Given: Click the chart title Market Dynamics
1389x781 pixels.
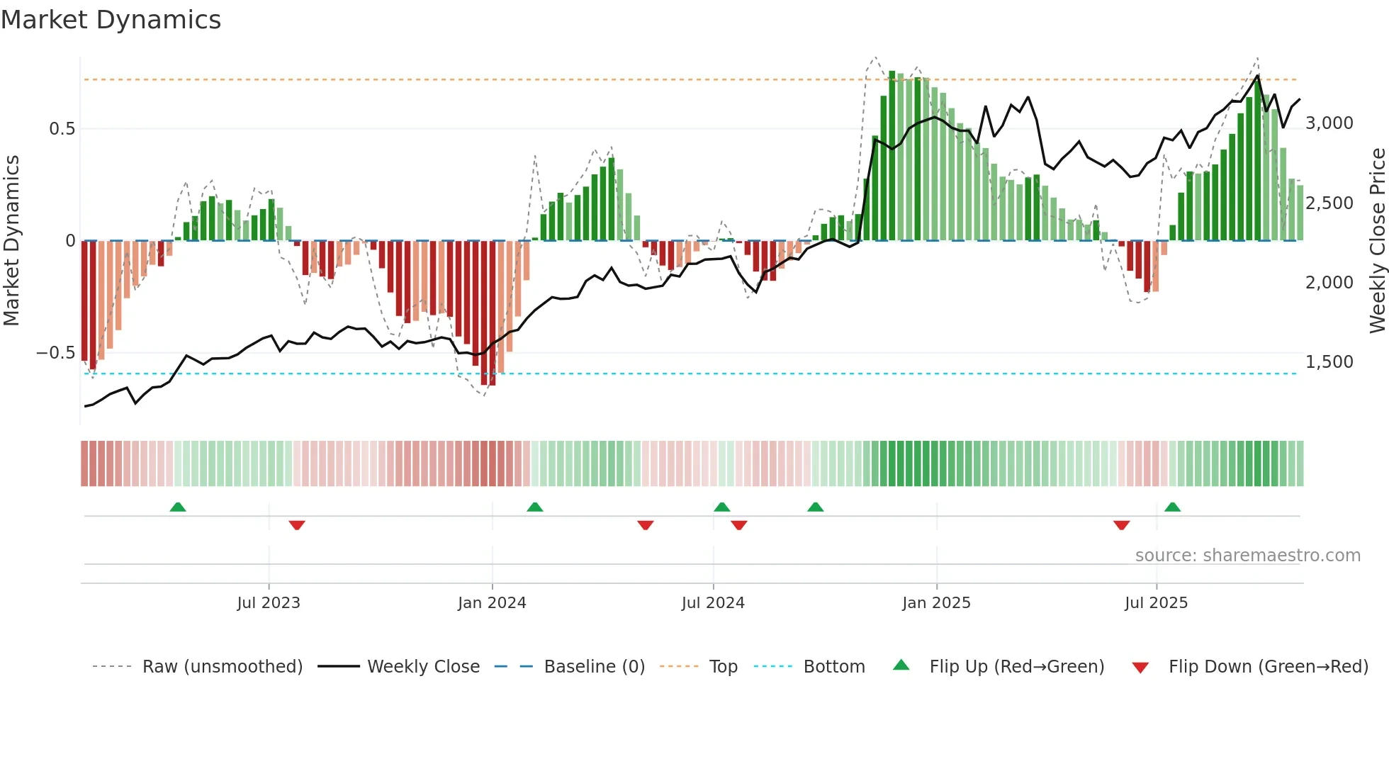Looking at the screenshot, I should tap(111, 20).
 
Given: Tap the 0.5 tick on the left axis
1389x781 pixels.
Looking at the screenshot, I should tap(62, 129).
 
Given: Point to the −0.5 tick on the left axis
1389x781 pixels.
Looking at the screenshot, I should tap(56, 353).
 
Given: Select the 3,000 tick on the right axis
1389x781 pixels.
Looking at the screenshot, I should tap(1329, 123).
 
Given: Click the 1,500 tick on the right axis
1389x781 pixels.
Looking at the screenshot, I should tap(1329, 362).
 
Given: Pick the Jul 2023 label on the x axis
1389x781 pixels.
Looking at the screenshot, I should tap(269, 603).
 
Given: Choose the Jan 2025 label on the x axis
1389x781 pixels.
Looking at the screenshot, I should tap(936, 603).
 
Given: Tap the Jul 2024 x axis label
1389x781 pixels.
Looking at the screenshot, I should tap(713, 603).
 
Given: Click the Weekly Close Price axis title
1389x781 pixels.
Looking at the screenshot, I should tap(1377, 241).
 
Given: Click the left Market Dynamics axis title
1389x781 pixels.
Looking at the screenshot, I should tap(11, 241).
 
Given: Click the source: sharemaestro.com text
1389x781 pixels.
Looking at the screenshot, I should tap(1247, 556).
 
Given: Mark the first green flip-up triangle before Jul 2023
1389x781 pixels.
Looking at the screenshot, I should tap(178, 507).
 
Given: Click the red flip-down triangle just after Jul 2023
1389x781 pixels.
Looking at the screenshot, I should tap(297, 525).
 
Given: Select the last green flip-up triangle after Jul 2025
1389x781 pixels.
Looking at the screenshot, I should tap(1172, 507).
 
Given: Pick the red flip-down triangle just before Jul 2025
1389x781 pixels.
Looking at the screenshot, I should tap(1121, 525).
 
